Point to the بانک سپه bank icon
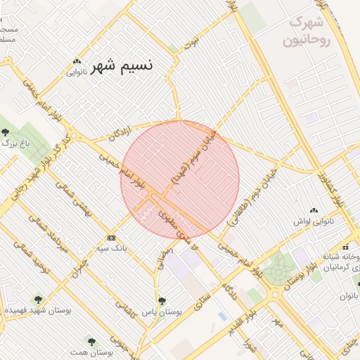pos(110,238)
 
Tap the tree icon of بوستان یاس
pos(162,300)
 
